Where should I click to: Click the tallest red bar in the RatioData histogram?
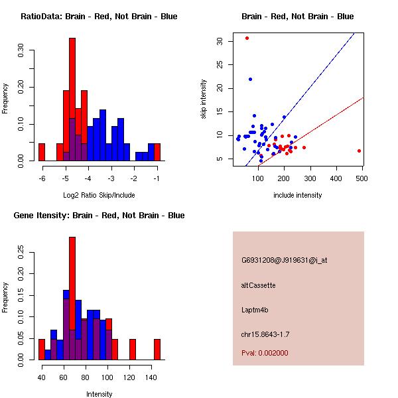pos(72,99)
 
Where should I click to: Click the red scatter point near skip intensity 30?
pos(247,38)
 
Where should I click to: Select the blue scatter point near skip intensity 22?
pos(251,79)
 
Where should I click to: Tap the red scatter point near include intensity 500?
pos(359,151)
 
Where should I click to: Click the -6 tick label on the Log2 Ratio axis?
pos(42,178)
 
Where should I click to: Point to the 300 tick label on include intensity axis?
pos(310,178)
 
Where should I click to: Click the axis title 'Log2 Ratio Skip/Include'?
pos(99,195)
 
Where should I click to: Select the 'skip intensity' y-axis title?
pos(204,99)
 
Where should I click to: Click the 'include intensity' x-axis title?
pos(297,195)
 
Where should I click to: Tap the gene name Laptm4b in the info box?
pos(255,310)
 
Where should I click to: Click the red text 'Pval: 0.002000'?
pos(265,353)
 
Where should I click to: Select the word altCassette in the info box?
pos(259,285)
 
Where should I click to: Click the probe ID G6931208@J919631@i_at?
pos(285,260)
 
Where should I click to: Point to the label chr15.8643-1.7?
pos(265,334)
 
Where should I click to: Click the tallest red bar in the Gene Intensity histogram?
pos(72,298)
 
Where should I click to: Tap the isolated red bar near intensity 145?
pos(157,350)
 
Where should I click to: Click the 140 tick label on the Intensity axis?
pos(151,377)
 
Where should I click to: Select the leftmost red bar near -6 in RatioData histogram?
pos(42,152)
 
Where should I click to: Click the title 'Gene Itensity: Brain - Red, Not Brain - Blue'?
pos(99,215)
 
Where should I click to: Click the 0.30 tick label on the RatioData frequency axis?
pos(21,50)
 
